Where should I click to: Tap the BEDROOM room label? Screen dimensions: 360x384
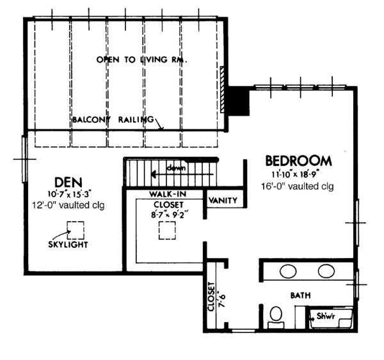[298, 161]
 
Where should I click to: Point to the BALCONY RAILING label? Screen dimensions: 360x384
[112, 120]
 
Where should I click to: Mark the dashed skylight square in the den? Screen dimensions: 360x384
[76, 229]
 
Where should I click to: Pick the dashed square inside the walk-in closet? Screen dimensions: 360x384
[167, 231]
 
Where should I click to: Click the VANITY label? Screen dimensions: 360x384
[223, 200]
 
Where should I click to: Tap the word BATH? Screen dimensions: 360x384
[300, 295]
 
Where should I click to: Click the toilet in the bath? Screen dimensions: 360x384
[276, 316]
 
